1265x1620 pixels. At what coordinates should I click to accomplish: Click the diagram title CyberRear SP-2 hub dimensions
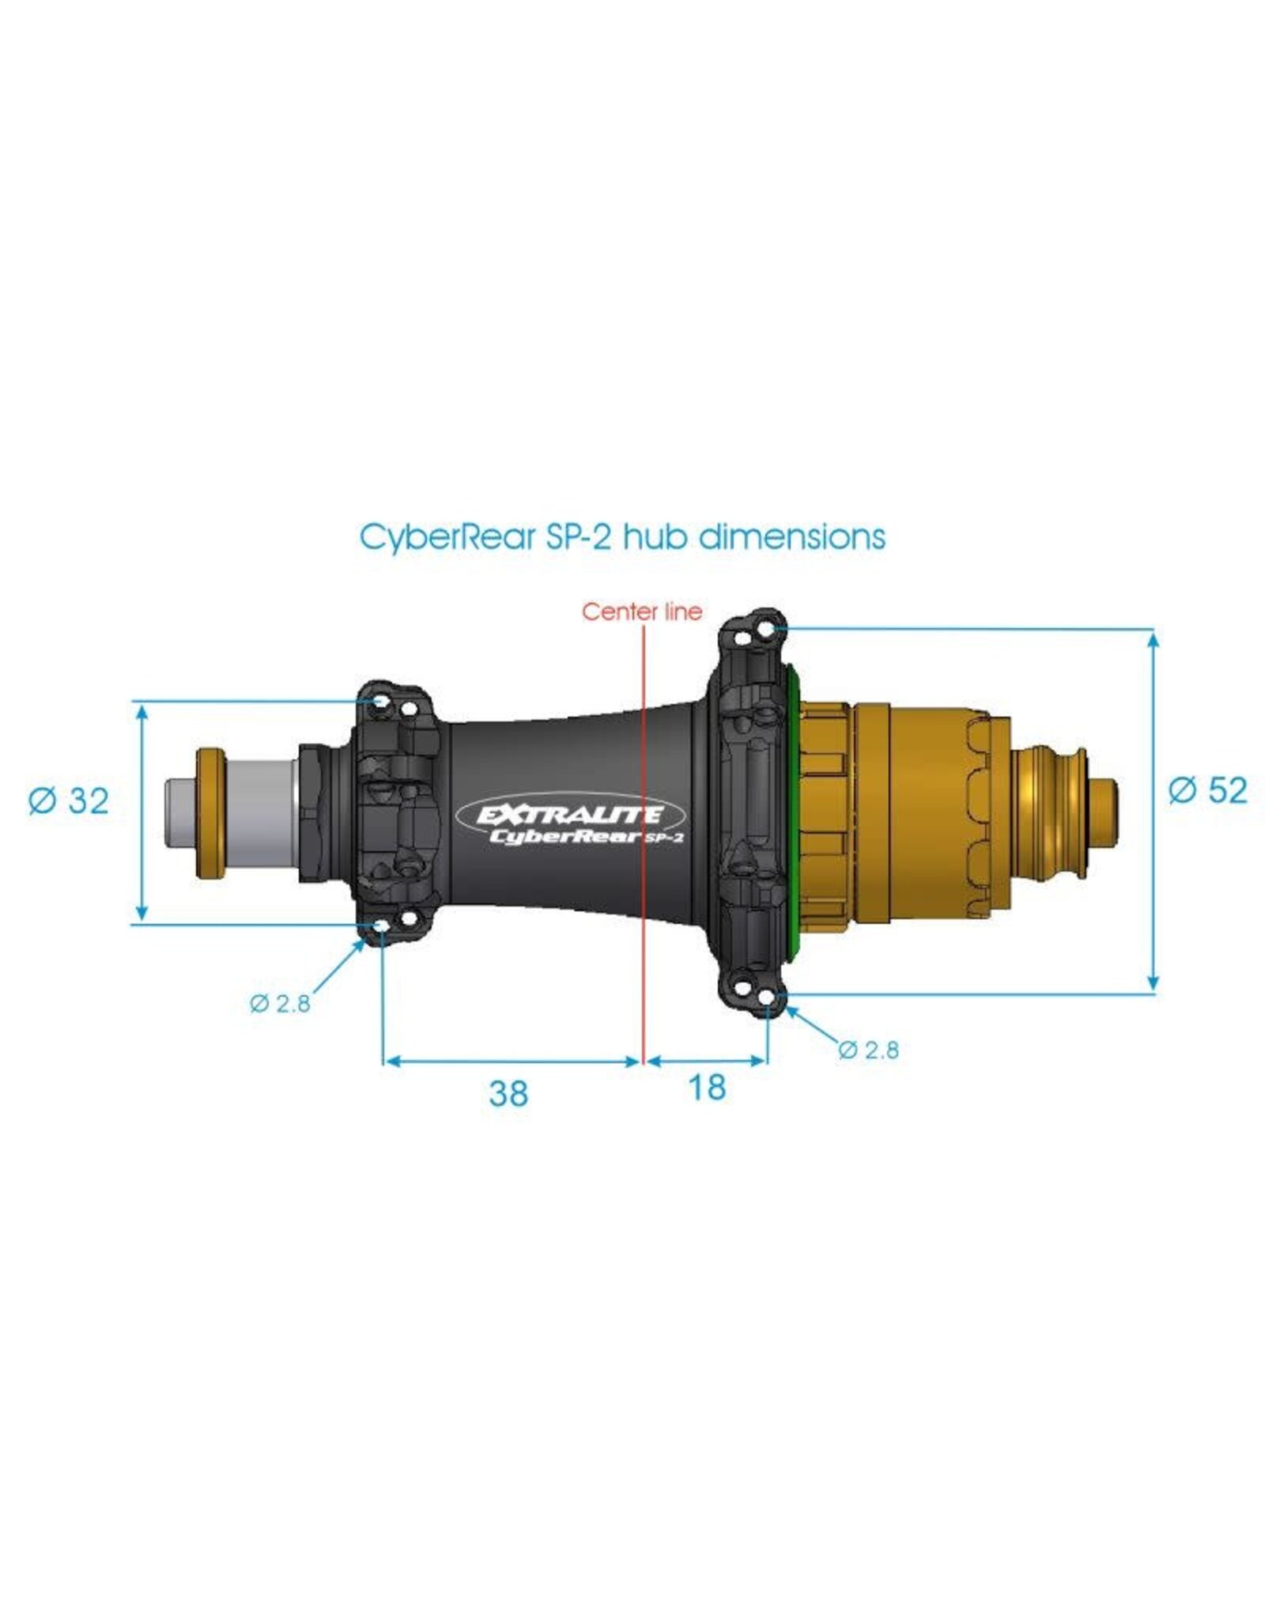click(622, 537)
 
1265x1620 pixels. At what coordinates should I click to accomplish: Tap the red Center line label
click(641, 611)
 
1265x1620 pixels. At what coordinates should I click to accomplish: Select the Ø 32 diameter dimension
click(68, 801)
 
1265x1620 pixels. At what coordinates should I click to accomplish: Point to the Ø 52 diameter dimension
click(1207, 789)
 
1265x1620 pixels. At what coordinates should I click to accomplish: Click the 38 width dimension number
click(508, 1093)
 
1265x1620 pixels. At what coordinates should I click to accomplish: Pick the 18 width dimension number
click(707, 1088)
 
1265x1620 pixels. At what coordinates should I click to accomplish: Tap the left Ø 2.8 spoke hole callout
click(280, 1004)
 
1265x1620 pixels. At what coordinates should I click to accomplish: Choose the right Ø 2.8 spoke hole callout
click(868, 1050)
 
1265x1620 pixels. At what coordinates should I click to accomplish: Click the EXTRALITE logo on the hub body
click(570, 814)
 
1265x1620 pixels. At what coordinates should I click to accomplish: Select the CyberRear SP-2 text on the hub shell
click(585, 836)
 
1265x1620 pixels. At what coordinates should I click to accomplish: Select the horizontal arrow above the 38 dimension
click(511, 1062)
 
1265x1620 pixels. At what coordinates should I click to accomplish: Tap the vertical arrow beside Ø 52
click(1154, 811)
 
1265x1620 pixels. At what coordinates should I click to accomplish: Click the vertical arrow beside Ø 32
click(142, 811)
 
